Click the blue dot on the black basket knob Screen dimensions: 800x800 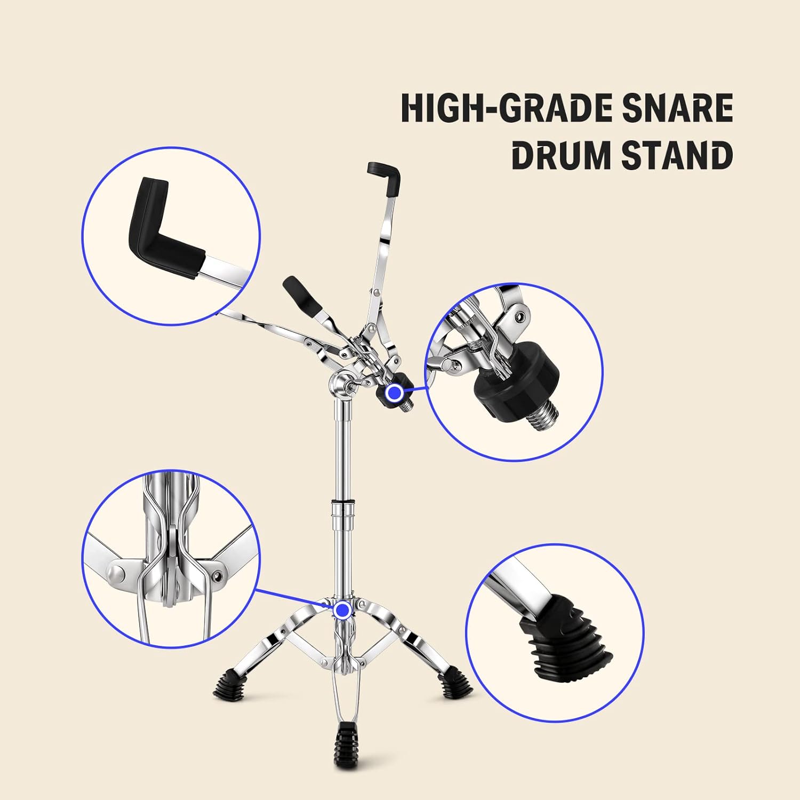[x=395, y=393]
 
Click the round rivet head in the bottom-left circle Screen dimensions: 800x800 [x=116, y=574]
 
